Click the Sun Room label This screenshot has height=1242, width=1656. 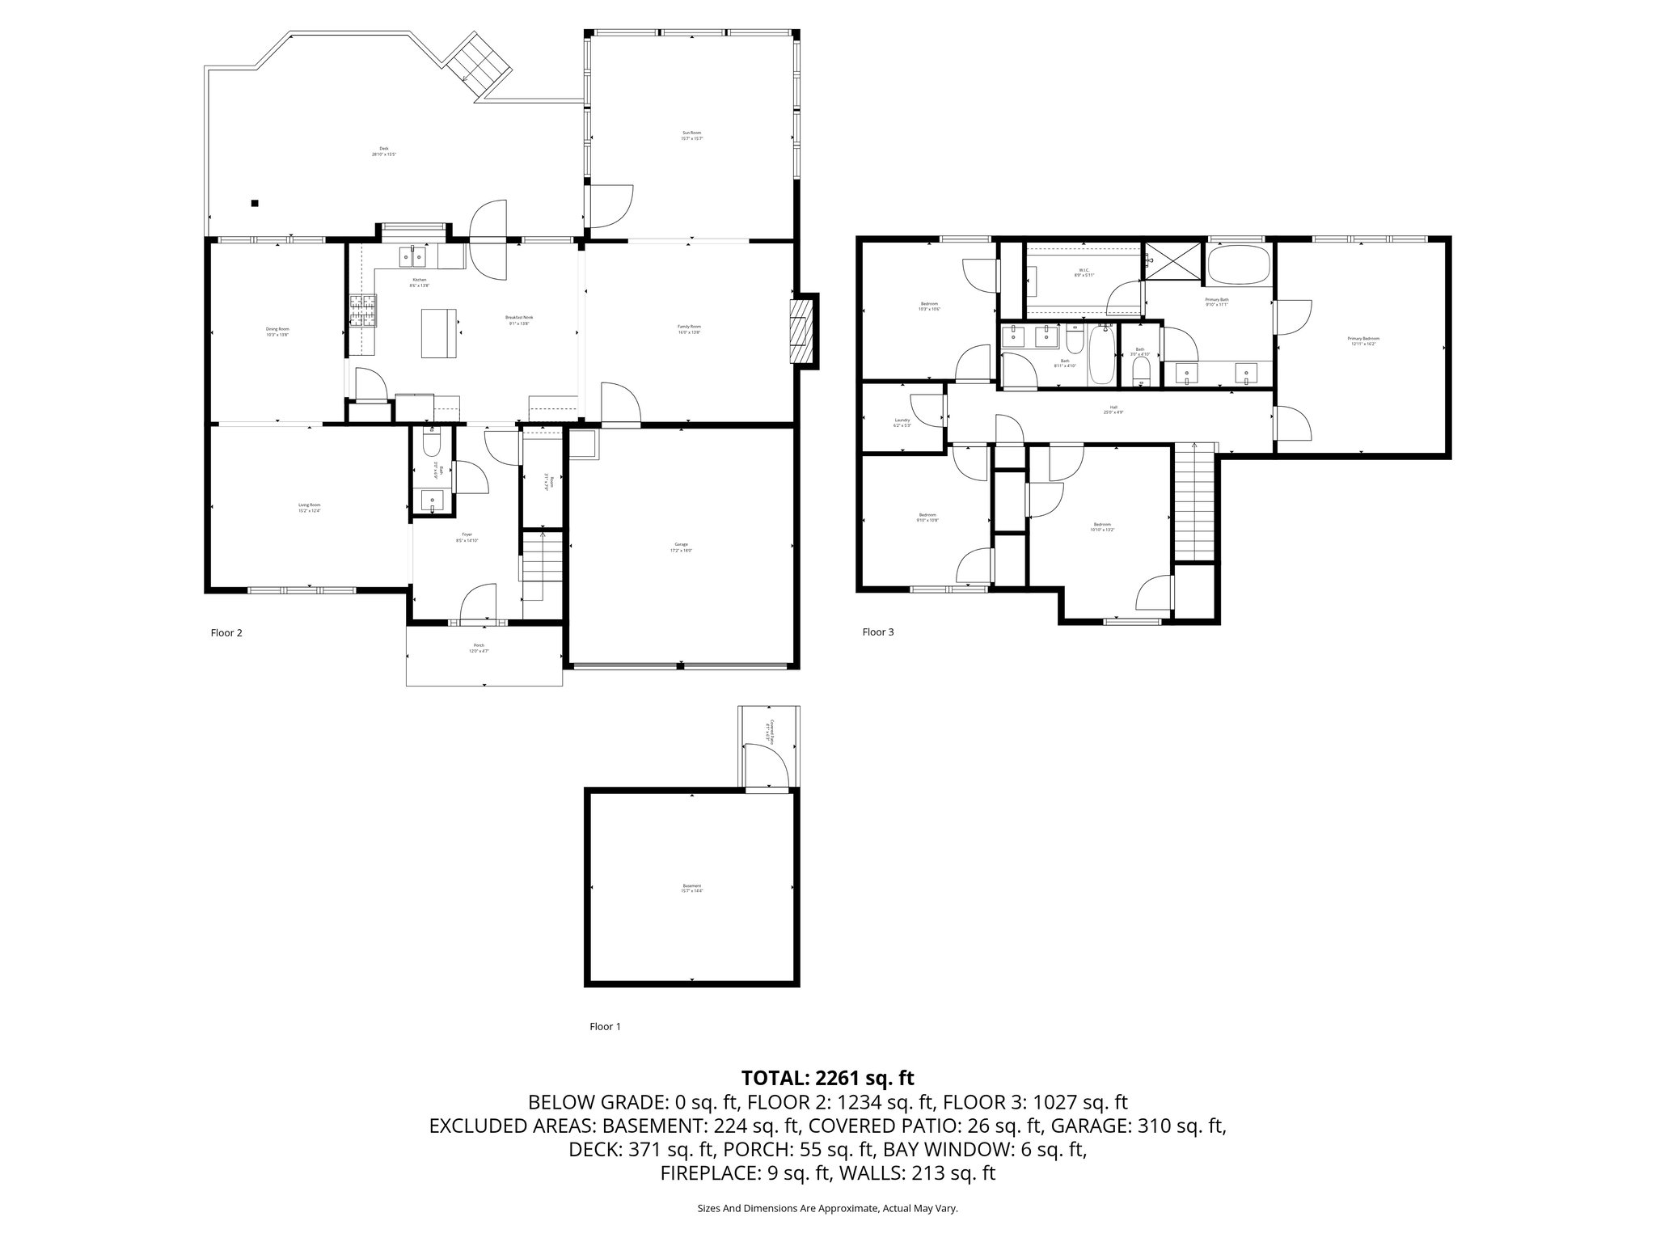[691, 135]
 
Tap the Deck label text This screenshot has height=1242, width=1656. [383, 150]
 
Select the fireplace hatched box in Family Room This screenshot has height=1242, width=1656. [801, 332]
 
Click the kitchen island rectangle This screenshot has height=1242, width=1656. [437, 333]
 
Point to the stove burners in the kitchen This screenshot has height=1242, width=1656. [363, 311]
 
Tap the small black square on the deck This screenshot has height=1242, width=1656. [255, 203]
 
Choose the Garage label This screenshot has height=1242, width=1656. [681, 546]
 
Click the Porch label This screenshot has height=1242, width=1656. [479, 648]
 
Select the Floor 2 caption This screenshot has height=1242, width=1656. [226, 633]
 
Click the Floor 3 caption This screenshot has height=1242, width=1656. [877, 632]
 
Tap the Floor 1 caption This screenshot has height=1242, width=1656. [605, 1027]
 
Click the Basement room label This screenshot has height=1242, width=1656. [692, 888]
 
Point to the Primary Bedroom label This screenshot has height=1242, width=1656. [1363, 340]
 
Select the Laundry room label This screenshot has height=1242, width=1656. [902, 422]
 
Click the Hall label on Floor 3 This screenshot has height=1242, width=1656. [1113, 409]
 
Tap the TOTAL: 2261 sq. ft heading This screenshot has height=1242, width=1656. [827, 1078]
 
